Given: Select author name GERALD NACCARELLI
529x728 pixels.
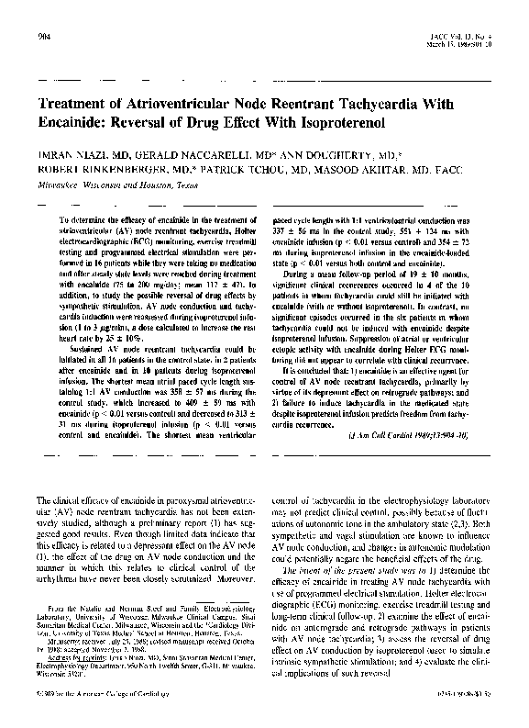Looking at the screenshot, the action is (174, 155).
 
